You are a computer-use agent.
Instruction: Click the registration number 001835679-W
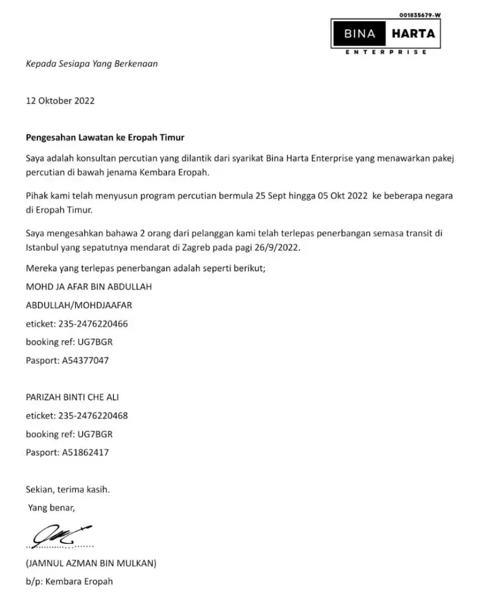420,14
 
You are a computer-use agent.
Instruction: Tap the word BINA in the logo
360,34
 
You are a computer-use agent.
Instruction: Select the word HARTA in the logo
413,34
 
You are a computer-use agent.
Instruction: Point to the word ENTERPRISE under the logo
387,52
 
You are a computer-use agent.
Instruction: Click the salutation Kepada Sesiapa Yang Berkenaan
92,64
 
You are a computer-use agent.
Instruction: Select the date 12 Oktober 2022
60,101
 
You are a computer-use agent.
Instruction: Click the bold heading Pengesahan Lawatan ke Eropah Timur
105,137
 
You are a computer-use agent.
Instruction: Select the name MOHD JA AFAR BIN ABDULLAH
89,287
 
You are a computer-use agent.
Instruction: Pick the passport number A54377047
86,361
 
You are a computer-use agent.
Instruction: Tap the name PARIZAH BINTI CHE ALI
77,397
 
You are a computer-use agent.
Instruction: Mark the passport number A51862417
86,452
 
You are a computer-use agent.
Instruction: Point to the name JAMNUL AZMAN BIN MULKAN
91,564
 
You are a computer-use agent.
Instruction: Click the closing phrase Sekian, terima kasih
68,490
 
